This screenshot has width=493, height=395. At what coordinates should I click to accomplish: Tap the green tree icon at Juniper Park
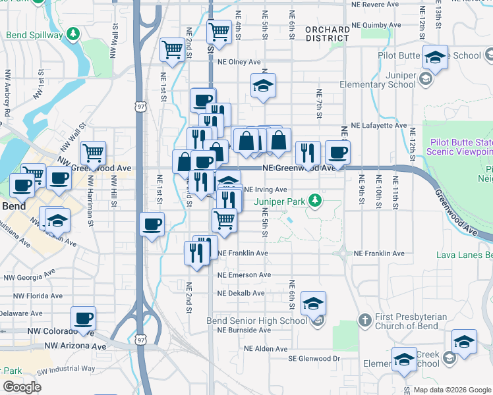pyautogui.click(x=316, y=199)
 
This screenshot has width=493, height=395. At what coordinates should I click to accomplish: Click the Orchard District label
pyautogui.click(x=327, y=34)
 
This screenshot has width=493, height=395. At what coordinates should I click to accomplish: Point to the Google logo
pyautogui.click(x=22, y=387)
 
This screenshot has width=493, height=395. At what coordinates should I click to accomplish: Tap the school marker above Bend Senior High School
pyautogui.click(x=313, y=303)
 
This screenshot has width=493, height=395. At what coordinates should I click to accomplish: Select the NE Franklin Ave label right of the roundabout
pyautogui.click(x=379, y=253)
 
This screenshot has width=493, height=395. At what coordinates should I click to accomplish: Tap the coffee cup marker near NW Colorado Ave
pyautogui.click(x=84, y=319)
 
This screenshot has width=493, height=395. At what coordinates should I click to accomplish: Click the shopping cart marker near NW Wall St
pyautogui.click(x=94, y=153)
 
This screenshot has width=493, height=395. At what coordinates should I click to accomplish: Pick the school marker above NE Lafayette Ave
pyautogui.click(x=263, y=86)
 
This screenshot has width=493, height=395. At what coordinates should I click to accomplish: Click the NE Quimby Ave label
pyautogui.click(x=376, y=26)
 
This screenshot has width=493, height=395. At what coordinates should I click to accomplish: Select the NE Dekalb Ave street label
pyautogui.click(x=241, y=294)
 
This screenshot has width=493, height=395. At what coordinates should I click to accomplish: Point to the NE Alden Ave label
pyautogui.click(x=266, y=348)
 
